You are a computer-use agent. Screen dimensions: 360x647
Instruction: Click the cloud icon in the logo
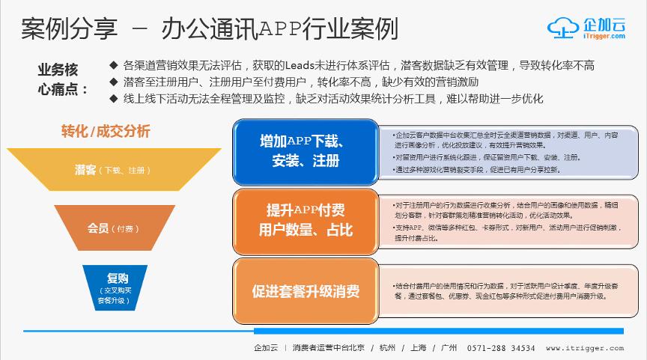coord(563,27)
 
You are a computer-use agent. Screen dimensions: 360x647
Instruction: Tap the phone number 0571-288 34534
coord(501,348)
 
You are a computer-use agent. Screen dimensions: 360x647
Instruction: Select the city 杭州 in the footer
coord(386,348)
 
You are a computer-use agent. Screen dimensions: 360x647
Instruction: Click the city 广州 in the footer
coord(449,348)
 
